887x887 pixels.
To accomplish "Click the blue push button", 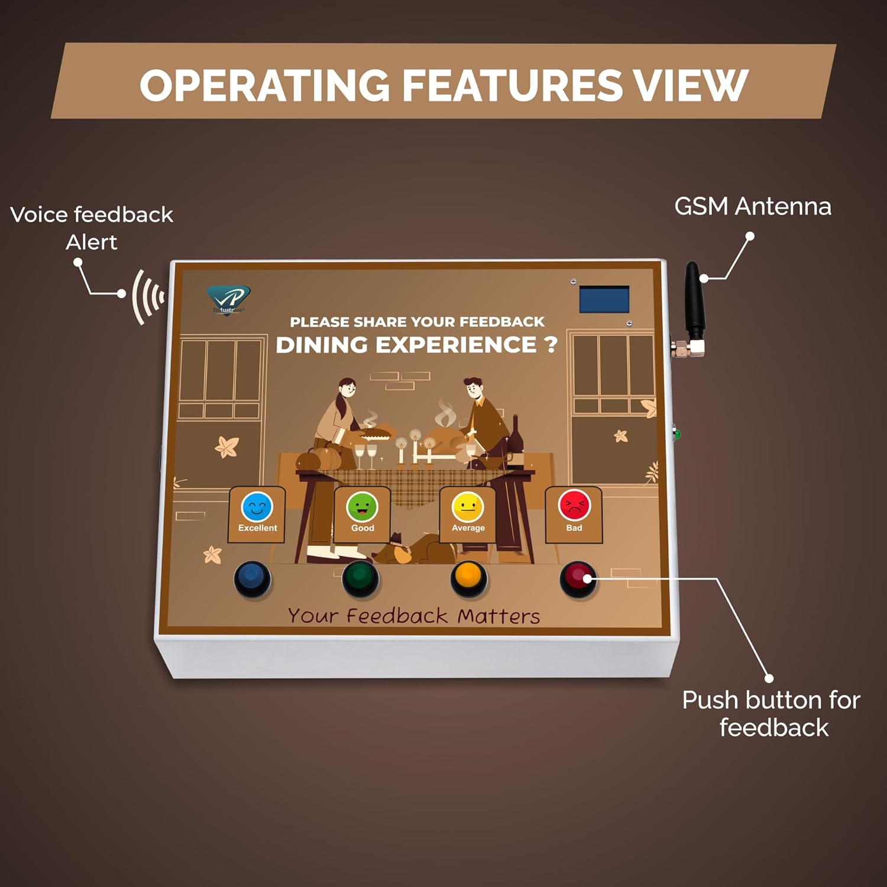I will coord(252,578).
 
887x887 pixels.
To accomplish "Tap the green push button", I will coord(361,578).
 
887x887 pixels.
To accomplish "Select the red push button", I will coord(578,578).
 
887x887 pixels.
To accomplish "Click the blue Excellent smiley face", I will coord(257,507).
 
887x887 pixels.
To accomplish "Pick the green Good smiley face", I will coord(362,507).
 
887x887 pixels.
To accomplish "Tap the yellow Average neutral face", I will coord(468,507).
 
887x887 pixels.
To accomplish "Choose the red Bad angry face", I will coord(574,506).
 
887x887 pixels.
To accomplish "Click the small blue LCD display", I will coord(604,299).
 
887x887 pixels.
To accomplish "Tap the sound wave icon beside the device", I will coord(147,296).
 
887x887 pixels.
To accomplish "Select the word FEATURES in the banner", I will coord(512,85).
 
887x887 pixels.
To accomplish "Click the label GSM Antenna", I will coord(752,206).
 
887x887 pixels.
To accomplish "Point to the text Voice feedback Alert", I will coord(92,228).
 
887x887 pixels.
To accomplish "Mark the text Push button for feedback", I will coord(771,714).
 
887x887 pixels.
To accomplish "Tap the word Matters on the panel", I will coord(498,616).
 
